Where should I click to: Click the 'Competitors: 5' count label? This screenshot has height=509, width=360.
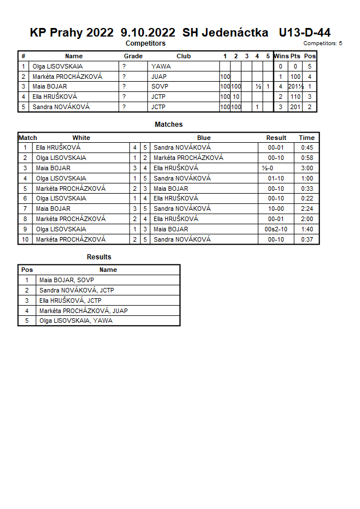(x=323, y=43)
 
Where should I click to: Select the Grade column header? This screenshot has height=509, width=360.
(x=133, y=56)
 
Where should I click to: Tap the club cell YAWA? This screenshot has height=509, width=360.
(x=161, y=66)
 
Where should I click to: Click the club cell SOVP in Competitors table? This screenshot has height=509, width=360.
(x=160, y=87)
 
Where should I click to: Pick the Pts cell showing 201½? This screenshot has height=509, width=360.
(x=295, y=87)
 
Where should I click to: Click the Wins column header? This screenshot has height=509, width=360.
(x=281, y=56)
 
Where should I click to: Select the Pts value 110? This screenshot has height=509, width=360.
(x=295, y=97)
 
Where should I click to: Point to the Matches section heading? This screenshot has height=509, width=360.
(x=169, y=124)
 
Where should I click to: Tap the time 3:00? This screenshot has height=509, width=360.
(x=306, y=168)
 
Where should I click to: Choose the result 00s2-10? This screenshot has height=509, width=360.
(x=276, y=229)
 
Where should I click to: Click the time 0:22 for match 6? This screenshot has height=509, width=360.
(x=306, y=199)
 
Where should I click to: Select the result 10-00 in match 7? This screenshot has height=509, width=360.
(x=276, y=209)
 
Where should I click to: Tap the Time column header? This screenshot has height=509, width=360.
(x=306, y=138)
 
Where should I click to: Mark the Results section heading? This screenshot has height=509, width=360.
(x=99, y=257)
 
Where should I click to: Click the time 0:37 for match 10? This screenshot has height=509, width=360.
(x=306, y=239)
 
